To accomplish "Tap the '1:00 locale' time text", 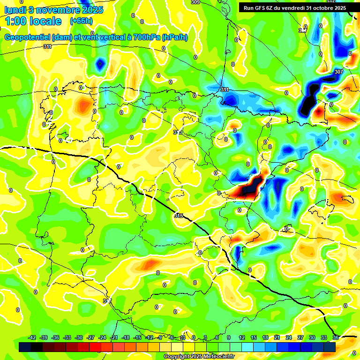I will [33, 21].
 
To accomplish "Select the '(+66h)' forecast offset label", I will [81, 21].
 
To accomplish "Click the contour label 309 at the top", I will [195, 2].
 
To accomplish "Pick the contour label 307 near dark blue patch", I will [339, 72].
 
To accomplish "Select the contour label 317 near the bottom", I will [107, 300].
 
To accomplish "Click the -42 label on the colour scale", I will [32, 337].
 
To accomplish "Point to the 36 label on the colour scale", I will [335, 337].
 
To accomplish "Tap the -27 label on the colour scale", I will [90, 337].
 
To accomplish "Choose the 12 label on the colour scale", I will [241, 337].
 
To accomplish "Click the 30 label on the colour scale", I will [312, 337].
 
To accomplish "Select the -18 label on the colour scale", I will [126, 337].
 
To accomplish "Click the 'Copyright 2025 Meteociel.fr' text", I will [199, 356].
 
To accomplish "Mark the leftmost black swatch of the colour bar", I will [25, 347].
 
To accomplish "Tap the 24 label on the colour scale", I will [288, 337].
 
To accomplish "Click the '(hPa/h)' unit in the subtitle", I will [175, 37].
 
